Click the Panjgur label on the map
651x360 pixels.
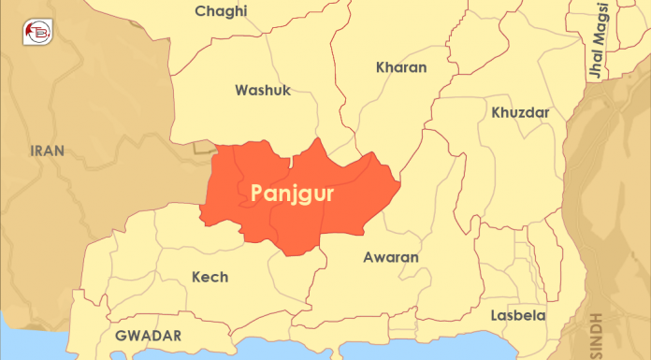pos(294,194)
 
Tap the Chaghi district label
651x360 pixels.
pos(222,11)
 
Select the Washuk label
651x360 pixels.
pos(263,91)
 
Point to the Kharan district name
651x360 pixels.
pos(400,67)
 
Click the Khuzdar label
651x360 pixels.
pos(519,113)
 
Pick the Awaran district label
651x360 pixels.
pos(390,257)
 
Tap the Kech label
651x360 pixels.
pos(210,277)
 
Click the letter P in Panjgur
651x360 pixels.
pos(258,193)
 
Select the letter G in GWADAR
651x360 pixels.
pos(121,335)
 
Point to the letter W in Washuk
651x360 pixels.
pos(241,91)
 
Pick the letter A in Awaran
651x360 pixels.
pos(368,257)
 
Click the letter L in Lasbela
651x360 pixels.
pos(508,315)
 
